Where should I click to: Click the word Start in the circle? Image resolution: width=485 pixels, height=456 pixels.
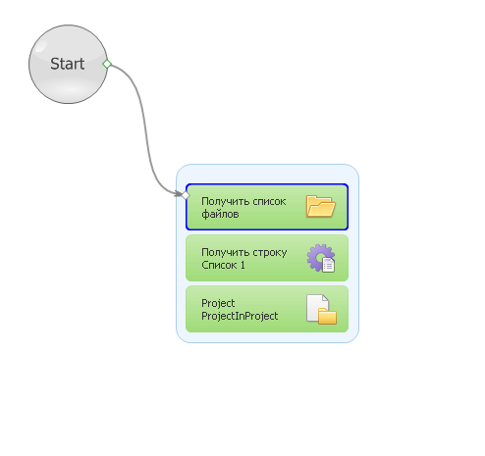pos(68,64)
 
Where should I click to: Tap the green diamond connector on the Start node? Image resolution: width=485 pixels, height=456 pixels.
pos(107,64)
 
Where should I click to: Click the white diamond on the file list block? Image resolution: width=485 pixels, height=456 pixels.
pos(186,195)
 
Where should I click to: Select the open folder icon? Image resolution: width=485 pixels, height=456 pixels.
pos(321,206)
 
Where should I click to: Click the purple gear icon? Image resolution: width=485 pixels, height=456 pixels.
pos(319,257)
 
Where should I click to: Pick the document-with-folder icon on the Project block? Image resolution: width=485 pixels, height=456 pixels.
pos(321,309)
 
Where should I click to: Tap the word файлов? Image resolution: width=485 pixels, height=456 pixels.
pos(220,214)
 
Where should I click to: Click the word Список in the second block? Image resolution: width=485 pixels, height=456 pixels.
pos(219,265)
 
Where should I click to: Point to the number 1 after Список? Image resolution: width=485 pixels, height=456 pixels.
pos(242,265)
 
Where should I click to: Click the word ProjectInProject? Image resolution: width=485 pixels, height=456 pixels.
pos(240,316)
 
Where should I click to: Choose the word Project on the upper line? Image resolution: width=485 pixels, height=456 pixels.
pos(218,303)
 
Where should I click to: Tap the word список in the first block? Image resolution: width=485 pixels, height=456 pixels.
pos(269,201)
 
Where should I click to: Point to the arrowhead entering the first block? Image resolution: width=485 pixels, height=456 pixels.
pos(179,194)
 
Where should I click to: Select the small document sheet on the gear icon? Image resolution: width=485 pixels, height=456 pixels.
pos(328,265)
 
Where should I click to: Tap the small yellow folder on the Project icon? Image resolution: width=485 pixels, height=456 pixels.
pos(327,316)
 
